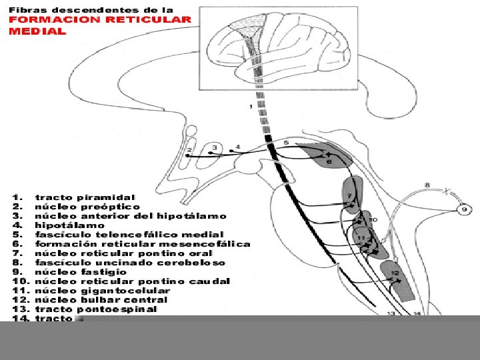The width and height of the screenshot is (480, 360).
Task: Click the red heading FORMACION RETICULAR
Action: [100, 20]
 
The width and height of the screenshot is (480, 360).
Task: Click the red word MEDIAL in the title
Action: [37, 31]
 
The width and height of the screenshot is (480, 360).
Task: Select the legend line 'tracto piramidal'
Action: [85, 197]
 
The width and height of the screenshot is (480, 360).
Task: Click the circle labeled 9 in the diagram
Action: [465, 210]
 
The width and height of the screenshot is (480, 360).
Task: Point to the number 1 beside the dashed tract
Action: [250, 107]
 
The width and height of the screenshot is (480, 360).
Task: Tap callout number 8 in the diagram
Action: [427, 185]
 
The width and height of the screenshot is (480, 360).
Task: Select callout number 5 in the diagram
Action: [285, 143]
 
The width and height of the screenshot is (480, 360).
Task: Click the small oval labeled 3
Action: [214, 148]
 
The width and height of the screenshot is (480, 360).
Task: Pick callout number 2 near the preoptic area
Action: [189, 150]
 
